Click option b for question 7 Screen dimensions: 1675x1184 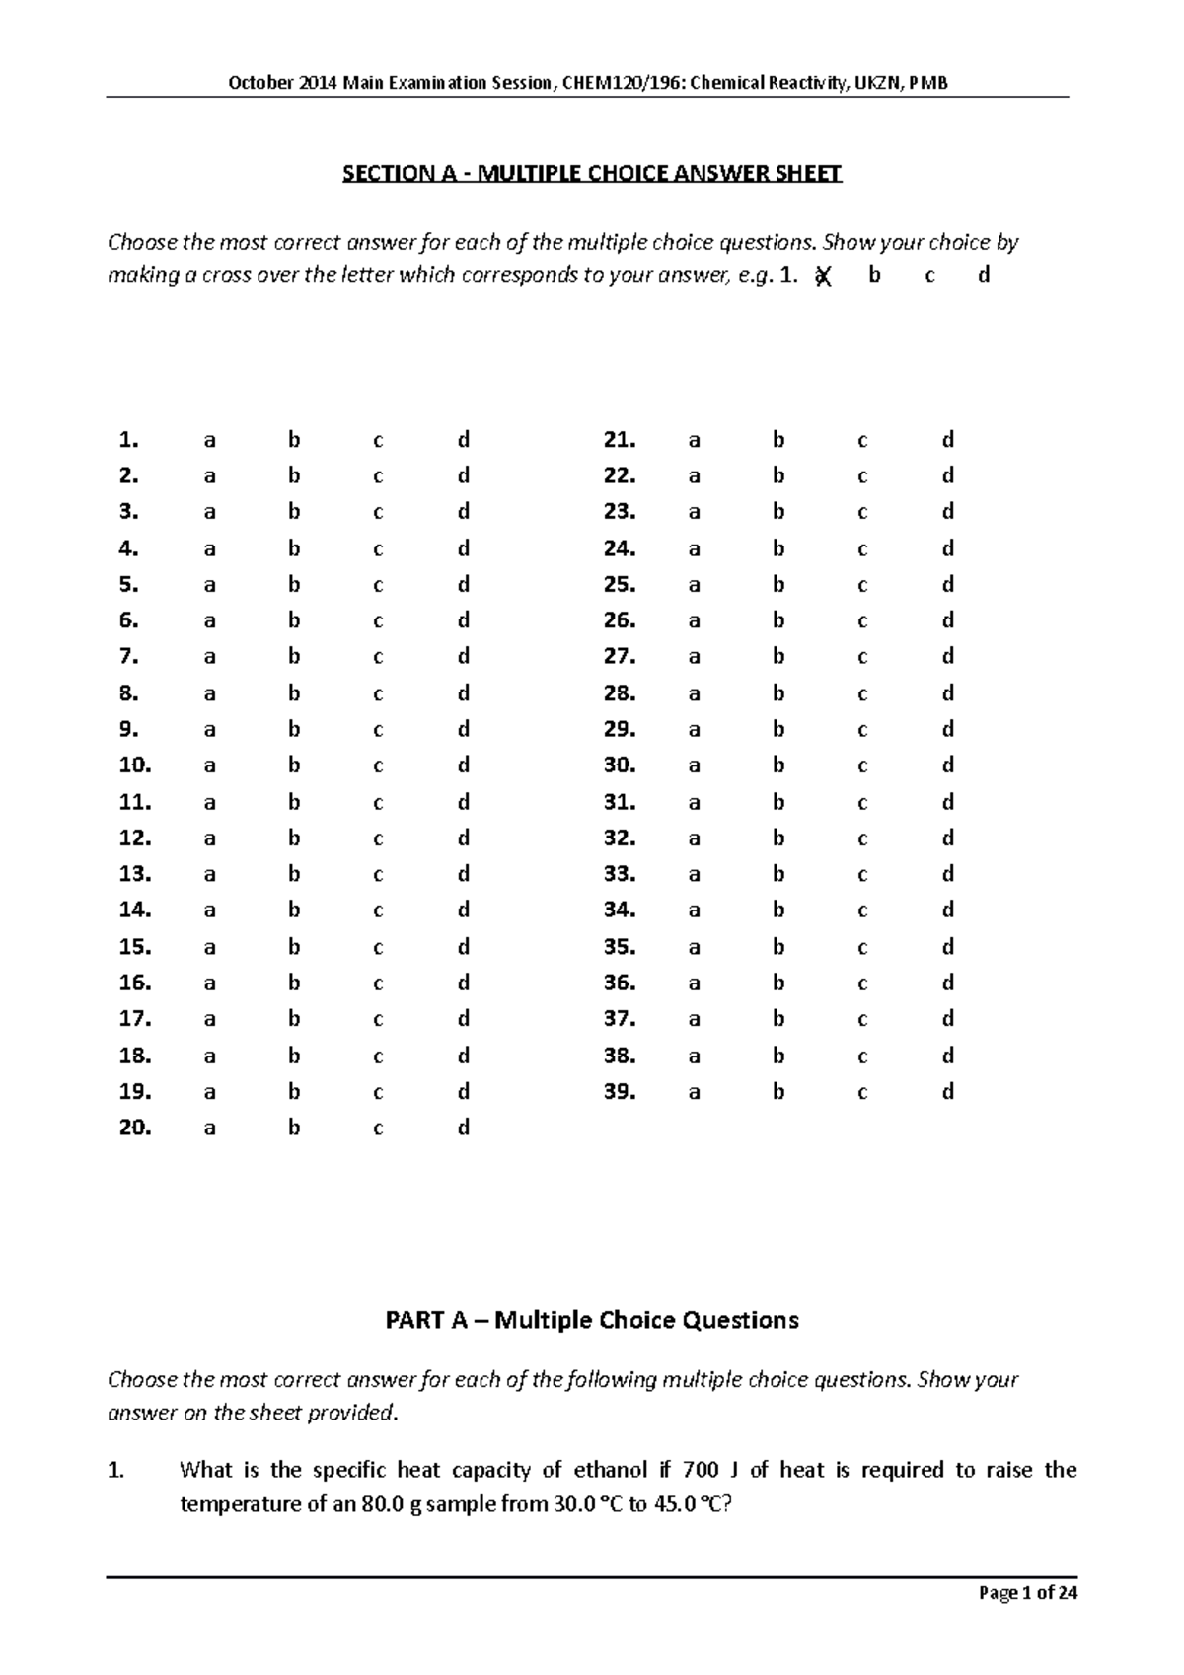pos(293,657)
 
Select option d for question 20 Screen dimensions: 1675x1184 pos(463,1129)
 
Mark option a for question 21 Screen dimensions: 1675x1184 pos(694,440)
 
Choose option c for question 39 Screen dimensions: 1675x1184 pos(862,1093)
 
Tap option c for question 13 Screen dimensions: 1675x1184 pos(378,875)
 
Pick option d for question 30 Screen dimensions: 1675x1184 pos(947,765)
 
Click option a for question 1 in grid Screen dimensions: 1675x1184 pos(209,440)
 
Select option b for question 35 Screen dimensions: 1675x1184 pos(778,947)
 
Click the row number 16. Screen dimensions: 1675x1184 pos(134,983)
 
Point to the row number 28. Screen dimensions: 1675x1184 pos(619,693)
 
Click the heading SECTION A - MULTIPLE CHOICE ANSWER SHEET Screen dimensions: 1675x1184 pos(591,174)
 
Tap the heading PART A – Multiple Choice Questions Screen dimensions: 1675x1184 pos(591,1320)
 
